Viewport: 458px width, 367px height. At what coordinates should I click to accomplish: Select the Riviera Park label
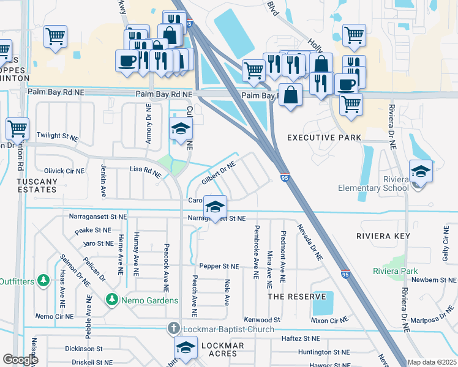coord(396,270)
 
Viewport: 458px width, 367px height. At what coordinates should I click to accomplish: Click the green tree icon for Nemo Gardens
coord(111,300)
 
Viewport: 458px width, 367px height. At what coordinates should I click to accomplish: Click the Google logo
coord(20,360)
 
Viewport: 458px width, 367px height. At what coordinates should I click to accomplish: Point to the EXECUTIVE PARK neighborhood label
coord(323,138)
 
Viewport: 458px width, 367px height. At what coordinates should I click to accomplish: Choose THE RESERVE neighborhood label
coord(297,297)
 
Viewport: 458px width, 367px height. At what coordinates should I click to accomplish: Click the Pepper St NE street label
coord(219,266)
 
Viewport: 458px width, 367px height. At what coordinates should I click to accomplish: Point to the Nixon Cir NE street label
coord(329,319)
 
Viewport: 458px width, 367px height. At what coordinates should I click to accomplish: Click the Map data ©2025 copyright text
coord(432,362)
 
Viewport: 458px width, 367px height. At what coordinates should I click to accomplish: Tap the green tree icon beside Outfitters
coord(43,280)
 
